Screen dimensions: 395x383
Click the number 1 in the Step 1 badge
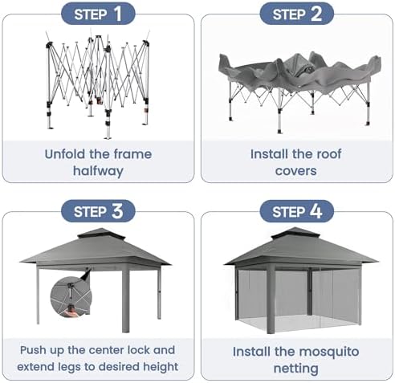tap(117, 14)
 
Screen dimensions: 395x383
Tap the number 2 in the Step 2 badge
tap(316, 14)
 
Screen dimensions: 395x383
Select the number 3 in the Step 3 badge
tap(117, 211)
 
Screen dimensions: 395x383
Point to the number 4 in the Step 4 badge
tap(316, 211)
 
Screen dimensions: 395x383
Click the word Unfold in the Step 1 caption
tap(64, 154)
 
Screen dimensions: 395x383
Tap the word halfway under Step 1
tap(98, 171)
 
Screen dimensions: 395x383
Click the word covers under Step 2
tap(295, 171)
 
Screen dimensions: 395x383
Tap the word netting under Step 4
tap(296, 369)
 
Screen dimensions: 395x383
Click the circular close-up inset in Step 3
tap(71, 297)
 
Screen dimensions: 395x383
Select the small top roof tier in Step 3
tap(101, 234)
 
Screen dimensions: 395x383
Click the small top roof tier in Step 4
tap(295, 234)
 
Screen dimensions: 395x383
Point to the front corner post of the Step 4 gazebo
tap(271, 299)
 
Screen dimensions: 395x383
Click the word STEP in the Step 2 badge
tap(289, 14)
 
